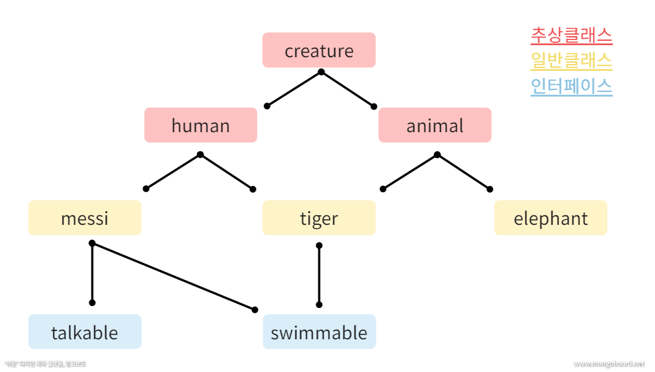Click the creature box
319,50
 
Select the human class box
200,125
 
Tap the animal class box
435,125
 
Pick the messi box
85,218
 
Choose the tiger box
319,218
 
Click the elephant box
551,218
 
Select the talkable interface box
85,332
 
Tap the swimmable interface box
319,332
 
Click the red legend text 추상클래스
571,35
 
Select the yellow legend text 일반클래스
571,61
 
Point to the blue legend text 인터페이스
571,87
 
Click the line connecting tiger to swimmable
319,275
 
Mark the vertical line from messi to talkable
92,273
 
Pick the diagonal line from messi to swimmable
174,277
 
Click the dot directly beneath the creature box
321,72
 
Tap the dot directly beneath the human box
200,155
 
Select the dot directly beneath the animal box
437,155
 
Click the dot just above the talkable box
92,303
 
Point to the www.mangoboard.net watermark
609,365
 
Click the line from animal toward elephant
463,172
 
